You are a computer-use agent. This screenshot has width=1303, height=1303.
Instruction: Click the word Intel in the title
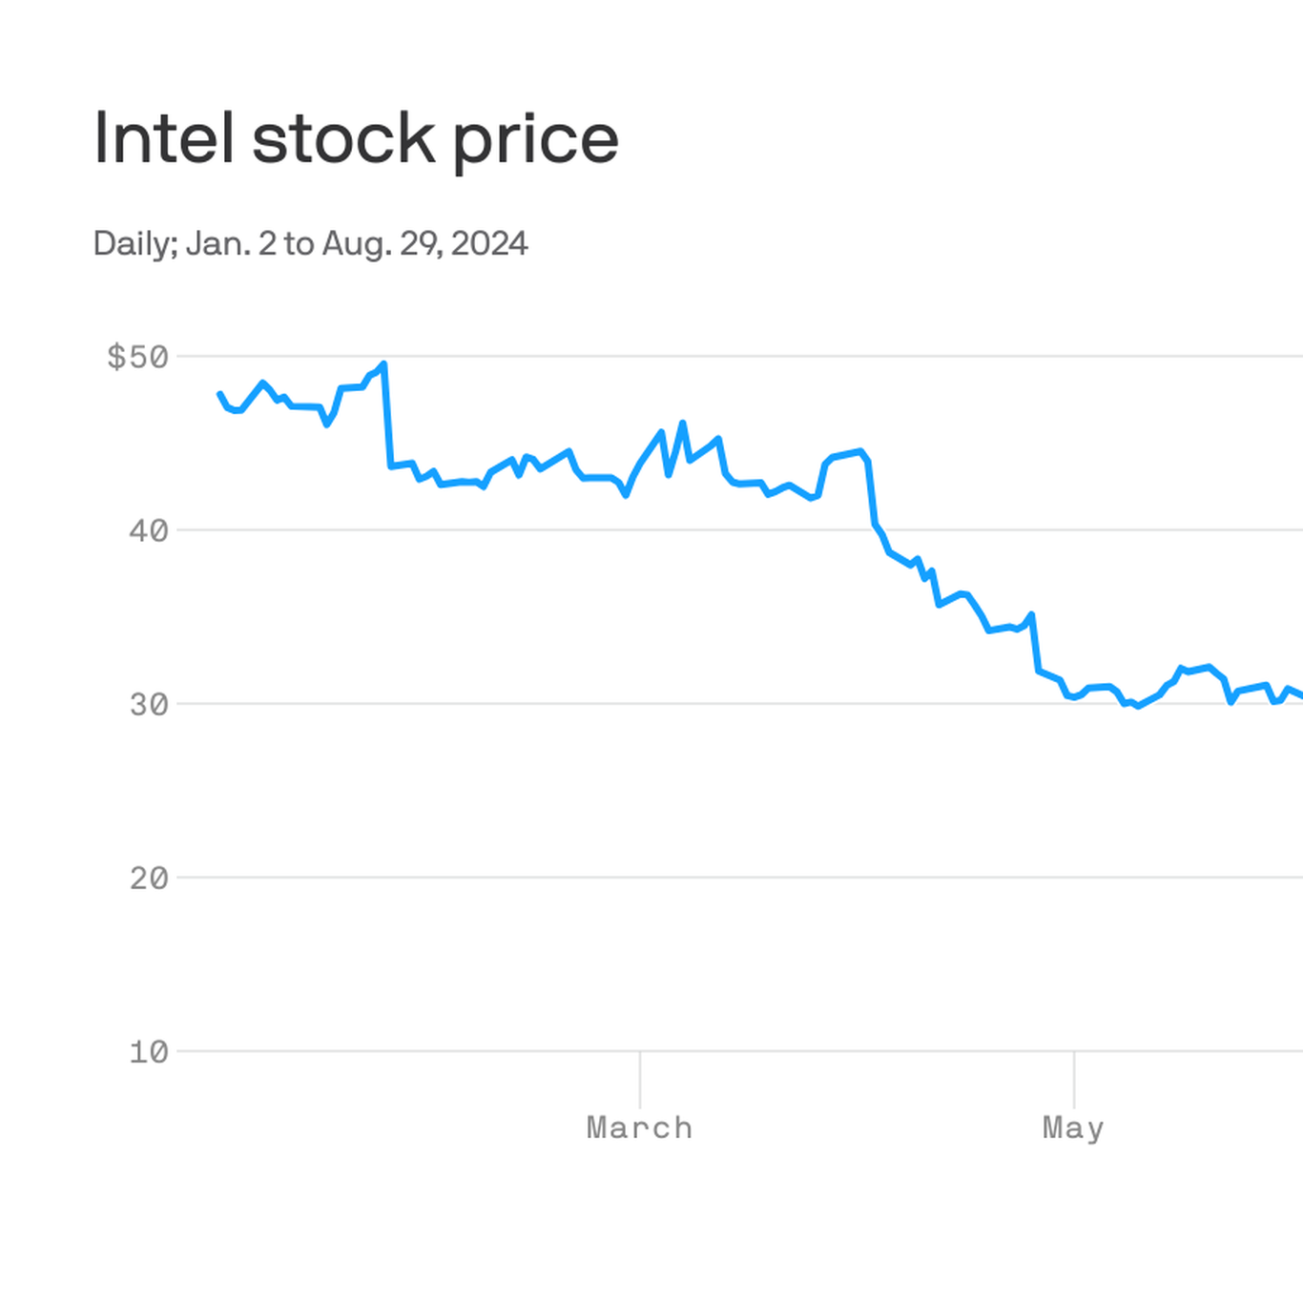click(163, 139)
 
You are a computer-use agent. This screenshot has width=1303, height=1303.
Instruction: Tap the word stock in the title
click(343, 139)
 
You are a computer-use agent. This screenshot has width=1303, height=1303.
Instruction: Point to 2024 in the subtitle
click(489, 244)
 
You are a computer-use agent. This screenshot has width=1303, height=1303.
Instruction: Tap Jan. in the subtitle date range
click(218, 244)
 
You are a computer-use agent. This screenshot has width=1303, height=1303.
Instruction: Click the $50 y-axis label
click(137, 357)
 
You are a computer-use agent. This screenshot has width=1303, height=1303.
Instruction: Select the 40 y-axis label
click(149, 530)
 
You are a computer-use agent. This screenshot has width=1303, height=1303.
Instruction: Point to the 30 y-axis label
click(149, 705)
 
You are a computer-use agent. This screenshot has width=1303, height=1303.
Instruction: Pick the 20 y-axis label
click(149, 879)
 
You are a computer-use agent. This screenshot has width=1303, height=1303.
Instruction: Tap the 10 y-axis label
click(149, 1052)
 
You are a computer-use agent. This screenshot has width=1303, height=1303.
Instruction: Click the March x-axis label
click(639, 1127)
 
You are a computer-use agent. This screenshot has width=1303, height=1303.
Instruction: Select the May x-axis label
click(1073, 1127)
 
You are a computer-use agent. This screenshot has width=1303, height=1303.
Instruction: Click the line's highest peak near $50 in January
click(383, 363)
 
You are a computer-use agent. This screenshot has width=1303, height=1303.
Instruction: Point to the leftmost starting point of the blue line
click(220, 394)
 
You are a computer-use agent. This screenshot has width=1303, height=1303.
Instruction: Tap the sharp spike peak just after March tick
click(682, 423)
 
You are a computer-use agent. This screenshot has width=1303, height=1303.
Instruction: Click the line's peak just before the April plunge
click(860, 451)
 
